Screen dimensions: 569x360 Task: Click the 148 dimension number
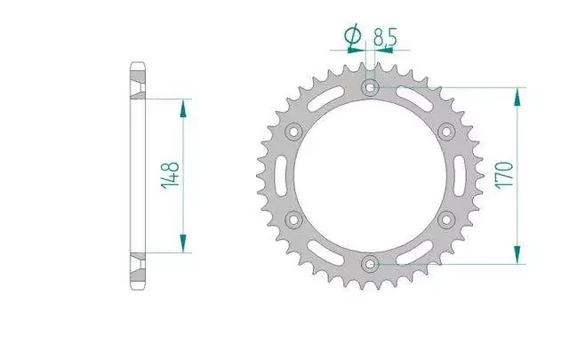click(170, 176)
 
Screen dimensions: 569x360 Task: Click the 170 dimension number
click(504, 175)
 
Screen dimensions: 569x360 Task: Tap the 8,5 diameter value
click(385, 36)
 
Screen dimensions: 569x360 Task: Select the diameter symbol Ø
click(353, 36)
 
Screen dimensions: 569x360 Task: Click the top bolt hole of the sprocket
click(370, 87)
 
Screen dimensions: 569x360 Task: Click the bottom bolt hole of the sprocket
click(370, 264)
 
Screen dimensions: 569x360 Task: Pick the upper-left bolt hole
click(293, 132)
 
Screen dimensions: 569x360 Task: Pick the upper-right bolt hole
click(446, 131)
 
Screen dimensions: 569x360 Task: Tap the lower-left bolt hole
click(293, 220)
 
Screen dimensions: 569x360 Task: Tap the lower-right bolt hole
click(446, 220)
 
